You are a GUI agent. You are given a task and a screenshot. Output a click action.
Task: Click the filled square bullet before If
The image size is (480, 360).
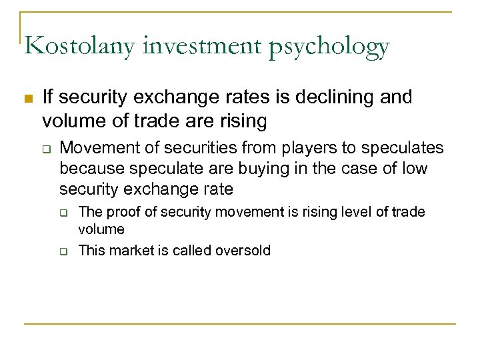coord(27,99)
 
